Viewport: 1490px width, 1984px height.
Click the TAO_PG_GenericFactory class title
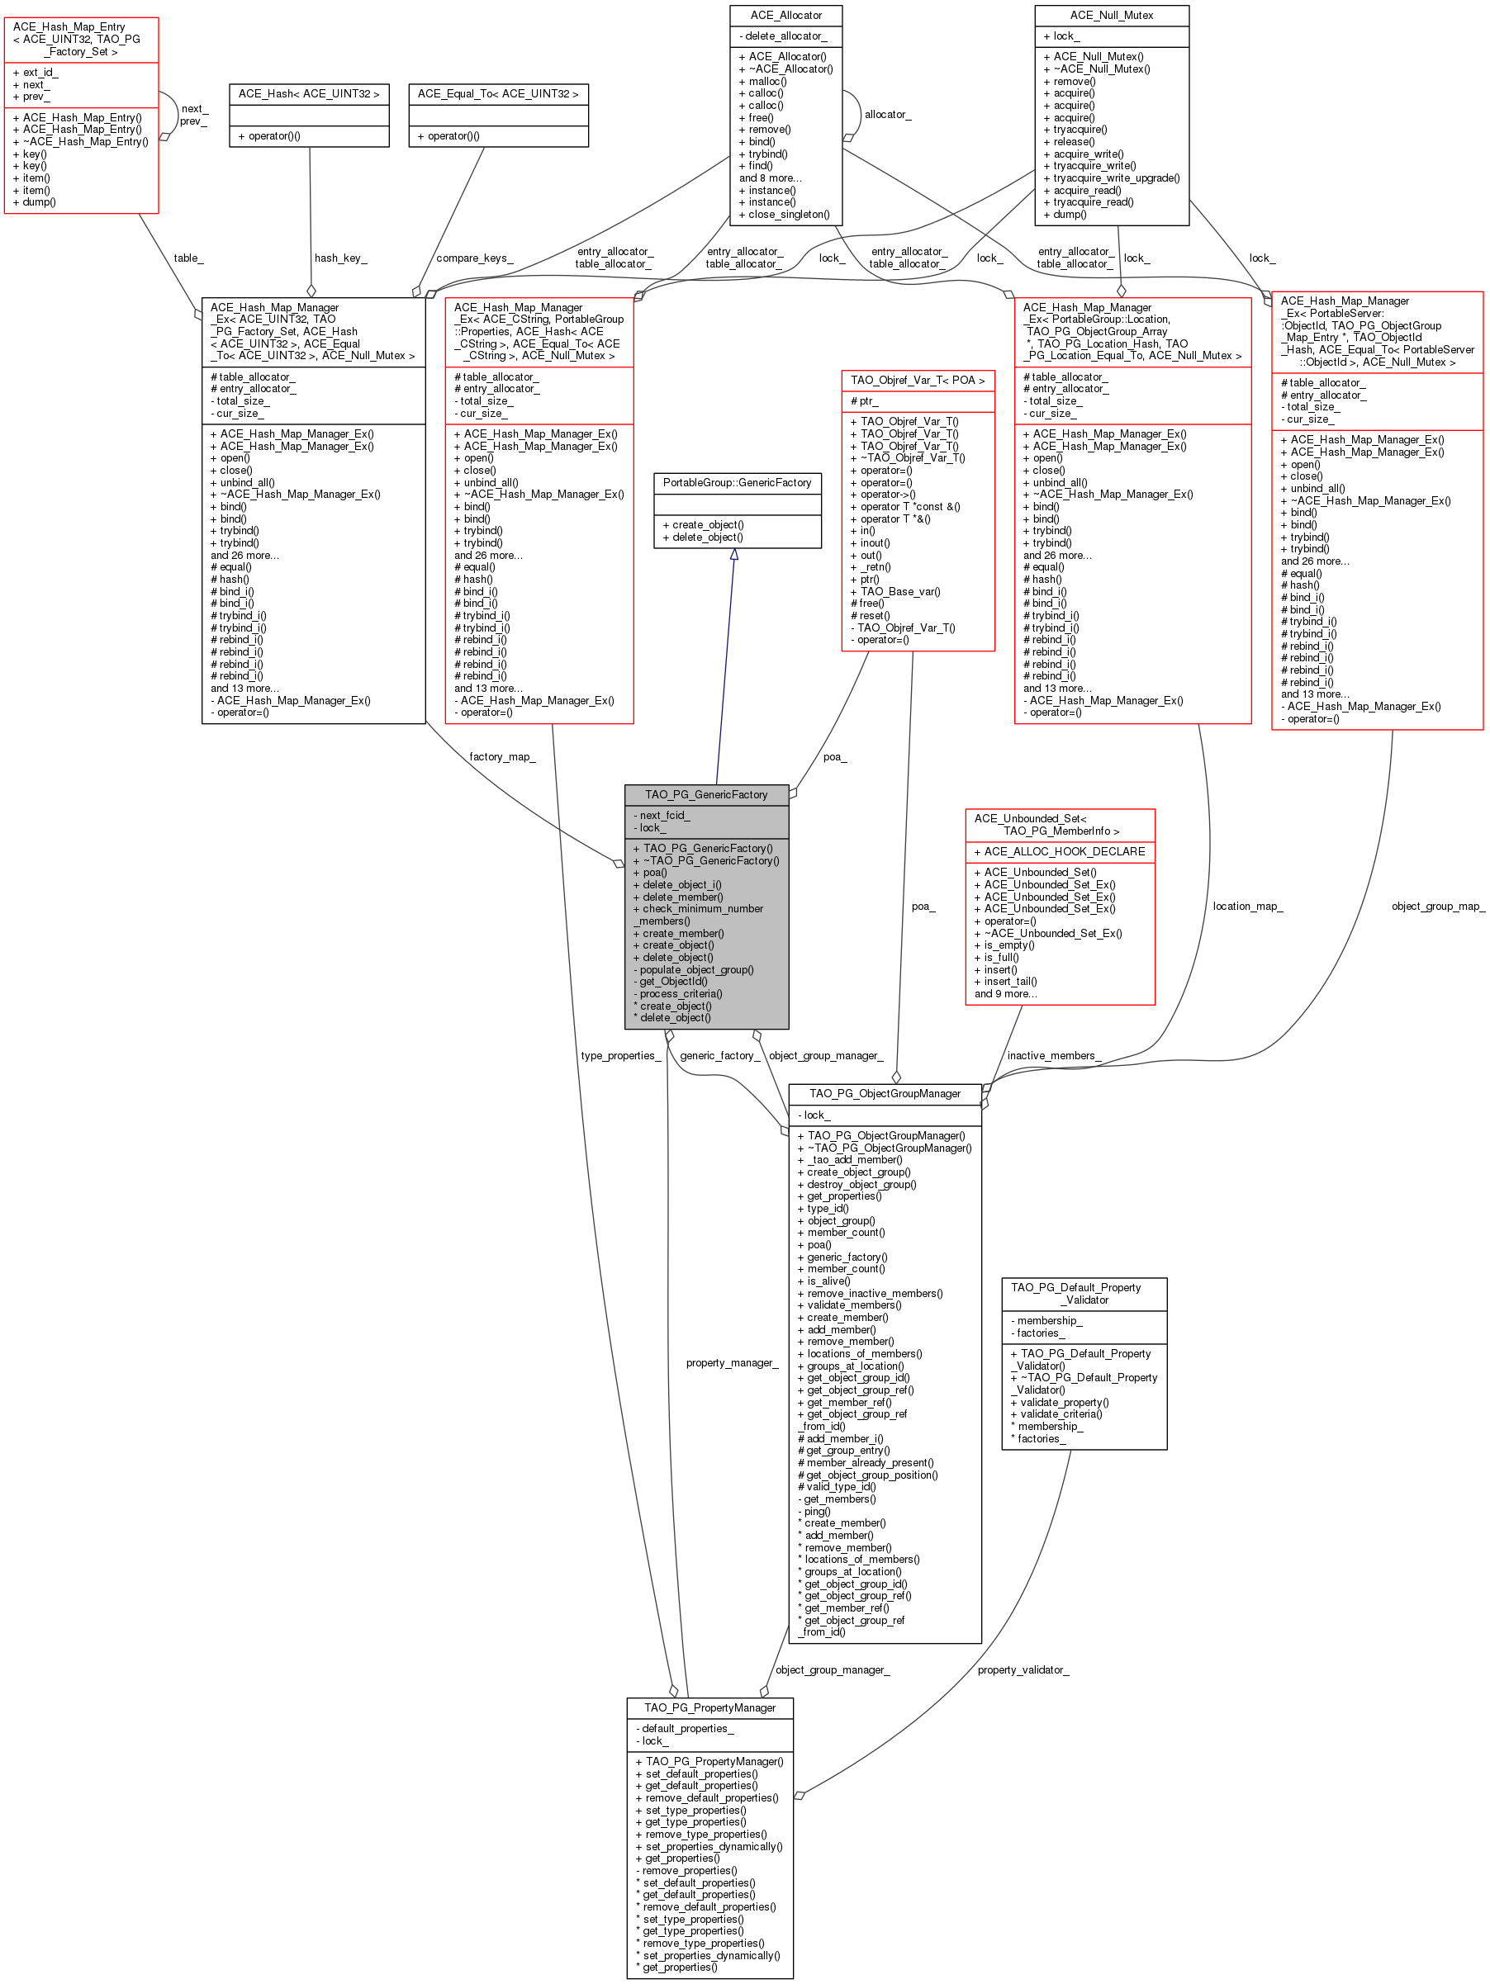(706, 795)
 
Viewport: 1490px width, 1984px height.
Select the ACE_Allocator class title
(785, 15)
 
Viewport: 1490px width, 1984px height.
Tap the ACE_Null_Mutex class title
(1111, 15)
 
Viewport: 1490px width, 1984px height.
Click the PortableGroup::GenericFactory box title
(737, 482)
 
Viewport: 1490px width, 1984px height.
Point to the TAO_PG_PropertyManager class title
(709, 1707)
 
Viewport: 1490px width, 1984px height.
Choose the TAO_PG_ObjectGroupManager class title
(885, 1093)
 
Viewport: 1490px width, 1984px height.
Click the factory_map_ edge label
(502, 757)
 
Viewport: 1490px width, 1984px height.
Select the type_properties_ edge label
(619, 1056)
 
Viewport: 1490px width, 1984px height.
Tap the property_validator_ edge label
(1023, 1670)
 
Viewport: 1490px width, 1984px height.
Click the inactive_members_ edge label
(1053, 1056)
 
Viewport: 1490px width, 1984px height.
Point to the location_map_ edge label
(1247, 906)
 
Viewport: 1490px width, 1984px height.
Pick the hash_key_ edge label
(341, 258)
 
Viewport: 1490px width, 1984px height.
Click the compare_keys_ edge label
(475, 258)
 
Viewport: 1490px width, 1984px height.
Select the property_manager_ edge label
(732, 1362)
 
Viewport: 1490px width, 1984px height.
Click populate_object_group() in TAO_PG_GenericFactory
(696, 969)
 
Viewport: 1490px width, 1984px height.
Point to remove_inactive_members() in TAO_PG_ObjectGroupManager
(875, 1294)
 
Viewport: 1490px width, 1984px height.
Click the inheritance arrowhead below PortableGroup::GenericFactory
(733, 555)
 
